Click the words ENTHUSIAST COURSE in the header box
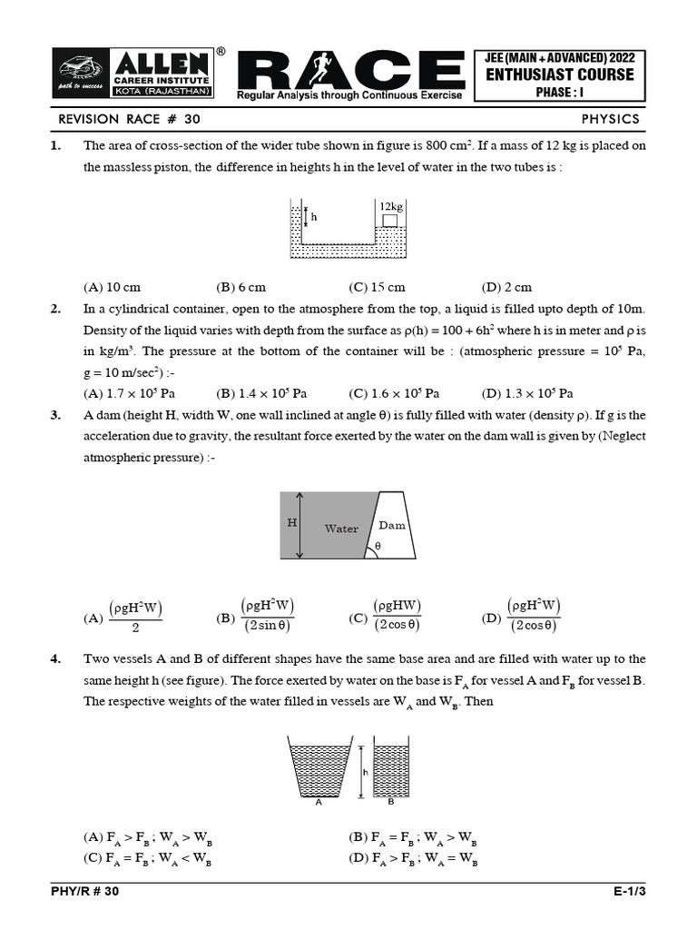(x=559, y=74)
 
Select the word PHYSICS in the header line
(x=610, y=119)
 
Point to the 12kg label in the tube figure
(x=391, y=207)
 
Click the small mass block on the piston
(x=389, y=221)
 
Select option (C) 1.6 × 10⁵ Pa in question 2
(x=394, y=393)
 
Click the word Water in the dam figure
(x=341, y=529)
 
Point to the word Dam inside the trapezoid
(x=392, y=525)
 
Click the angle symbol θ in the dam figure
(x=378, y=547)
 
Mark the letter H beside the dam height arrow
(x=292, y=524)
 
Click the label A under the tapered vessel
(x=318, y=803)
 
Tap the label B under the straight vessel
(x=390, y=803)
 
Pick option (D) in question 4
(x=412, y=858)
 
